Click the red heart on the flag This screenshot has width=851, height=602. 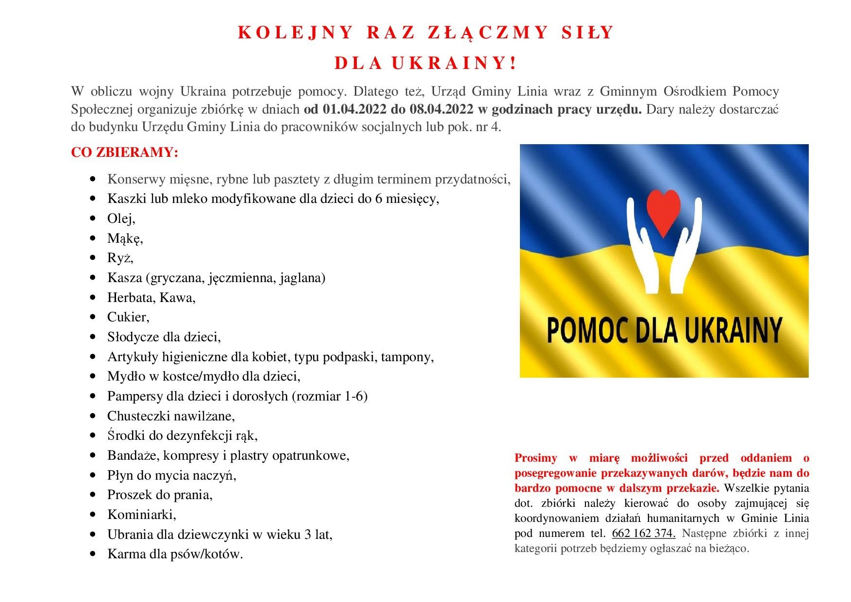pyautogui.click(x=664, y=212)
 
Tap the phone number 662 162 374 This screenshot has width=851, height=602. pyautogui.click(x=643, y=533)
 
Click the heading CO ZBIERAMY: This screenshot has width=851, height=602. pyautogui.click(x=125, y=152)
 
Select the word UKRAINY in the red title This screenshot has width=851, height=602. pyautogui.click(x=453, y=64)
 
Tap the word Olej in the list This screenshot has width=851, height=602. pyautogui.click(x=120, y=218)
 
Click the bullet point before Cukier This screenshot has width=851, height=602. pyautogui.click(x=93, y=317)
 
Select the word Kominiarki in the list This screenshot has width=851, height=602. pyautogui.click(x=141, y=515)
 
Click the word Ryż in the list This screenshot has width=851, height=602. pyautogui.click(x=119, y=258)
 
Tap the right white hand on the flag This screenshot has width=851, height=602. pyautogui.click(x=686, y=245)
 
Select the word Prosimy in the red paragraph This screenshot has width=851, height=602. pyautogui.click(x=535, y=458)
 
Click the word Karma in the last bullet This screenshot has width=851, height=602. pyautogui.click(x=125, y=554)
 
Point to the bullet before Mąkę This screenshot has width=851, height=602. pyautogui.click(x=93, y=238)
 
